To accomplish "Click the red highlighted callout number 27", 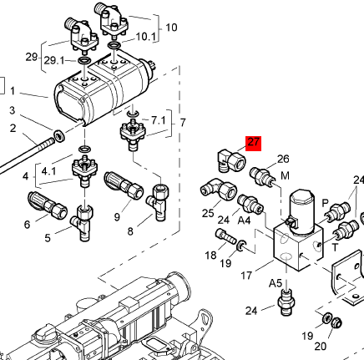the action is pos(253,142).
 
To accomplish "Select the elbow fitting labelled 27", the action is pos(230,161).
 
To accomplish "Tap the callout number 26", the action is pos(283,159).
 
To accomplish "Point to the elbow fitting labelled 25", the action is pos(218,190).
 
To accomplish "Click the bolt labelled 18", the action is pos(225,236).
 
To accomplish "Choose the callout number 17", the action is pos(246,276).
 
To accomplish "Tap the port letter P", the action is pos(325,203).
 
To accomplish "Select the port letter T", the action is pos(336,247).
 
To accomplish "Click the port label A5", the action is pos(276,283).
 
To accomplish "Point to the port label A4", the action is pos(244,221).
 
